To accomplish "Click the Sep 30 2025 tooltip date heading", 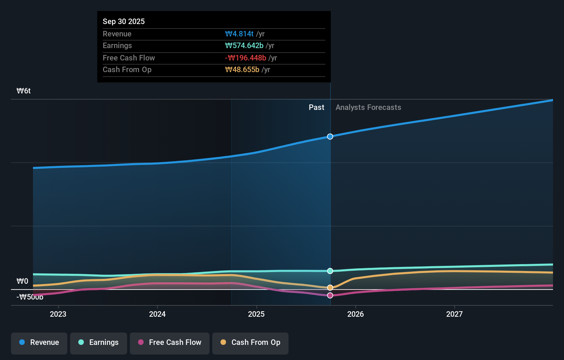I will pyautogui.click(x=124, y=21).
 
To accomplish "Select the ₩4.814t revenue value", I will pyautogui.click(x=239, y=34).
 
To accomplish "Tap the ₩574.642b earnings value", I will pyautogui.click(x=244, y=45).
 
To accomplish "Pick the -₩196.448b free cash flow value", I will pyautogui.click(x=246, y=58).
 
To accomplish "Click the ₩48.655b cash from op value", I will pyautogui.click(x=242, y=69).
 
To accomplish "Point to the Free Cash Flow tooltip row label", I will pyautogui.click(x=129, y=58).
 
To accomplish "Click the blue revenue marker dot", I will pyautogui.click(x=330, y=137).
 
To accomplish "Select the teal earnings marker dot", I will pyautogui.click(x=330, y=271).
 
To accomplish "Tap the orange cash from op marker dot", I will pyautogui.click(x=330, y=288).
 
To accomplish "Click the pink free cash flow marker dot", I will pyautogui.click(x=330, y=295).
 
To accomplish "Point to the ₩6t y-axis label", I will pyautogui.click(x=24, y=91).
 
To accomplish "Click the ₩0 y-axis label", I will pyautogui.click(x=22, y=281).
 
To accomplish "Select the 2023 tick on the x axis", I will pyautogui.click(x=58, y=314).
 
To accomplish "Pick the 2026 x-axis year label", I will pyautogui.click(x=356, y=314).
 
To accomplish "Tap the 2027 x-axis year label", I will pyautogui.click(x=454, y=314).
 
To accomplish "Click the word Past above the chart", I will pyautogui.click(x=316, y=107).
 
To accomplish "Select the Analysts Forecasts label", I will pyautogui.click(x=368, y=107).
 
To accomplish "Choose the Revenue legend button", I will pyautogui.click(x=39, y=342).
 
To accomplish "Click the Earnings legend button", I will pyautogui.click(x=99, y=342).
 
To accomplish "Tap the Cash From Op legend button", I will pyautogui.click(x=250, y=342).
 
